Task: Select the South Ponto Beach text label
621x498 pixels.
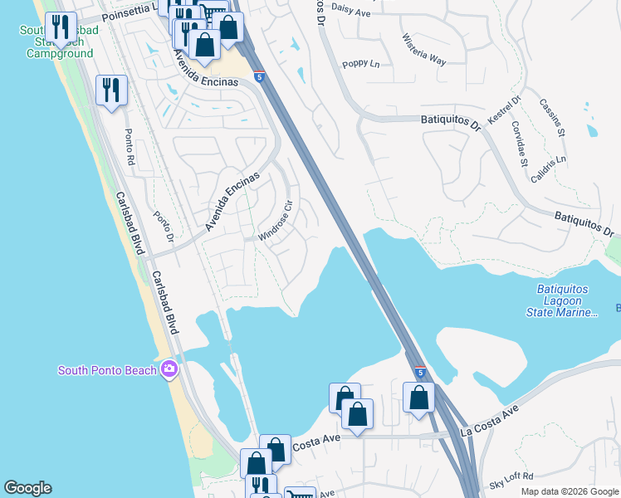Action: [x=107, y=370]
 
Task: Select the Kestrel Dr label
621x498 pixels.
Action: [x=503, y=110]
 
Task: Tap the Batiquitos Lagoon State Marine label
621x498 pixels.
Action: [x=562, y=300]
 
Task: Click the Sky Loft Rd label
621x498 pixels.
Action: [x=511, y=484]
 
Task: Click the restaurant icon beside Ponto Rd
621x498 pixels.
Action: [x=111, y=89]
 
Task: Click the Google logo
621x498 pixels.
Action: [x=27, y=488]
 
